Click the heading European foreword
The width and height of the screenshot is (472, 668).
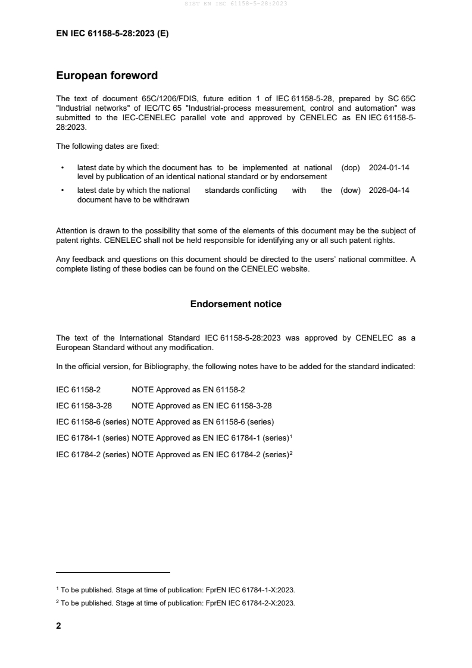107,76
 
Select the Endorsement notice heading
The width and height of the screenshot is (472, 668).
236,304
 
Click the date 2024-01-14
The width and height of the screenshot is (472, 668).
389,168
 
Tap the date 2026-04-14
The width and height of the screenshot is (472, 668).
389,191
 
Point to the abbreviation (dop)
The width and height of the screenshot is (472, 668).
351,168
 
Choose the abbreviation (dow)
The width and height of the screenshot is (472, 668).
351,191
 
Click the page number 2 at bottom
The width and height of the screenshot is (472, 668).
58,626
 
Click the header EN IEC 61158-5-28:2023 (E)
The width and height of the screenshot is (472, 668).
112,34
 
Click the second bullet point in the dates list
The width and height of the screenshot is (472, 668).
62,191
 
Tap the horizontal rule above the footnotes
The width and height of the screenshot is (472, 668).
113,573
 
